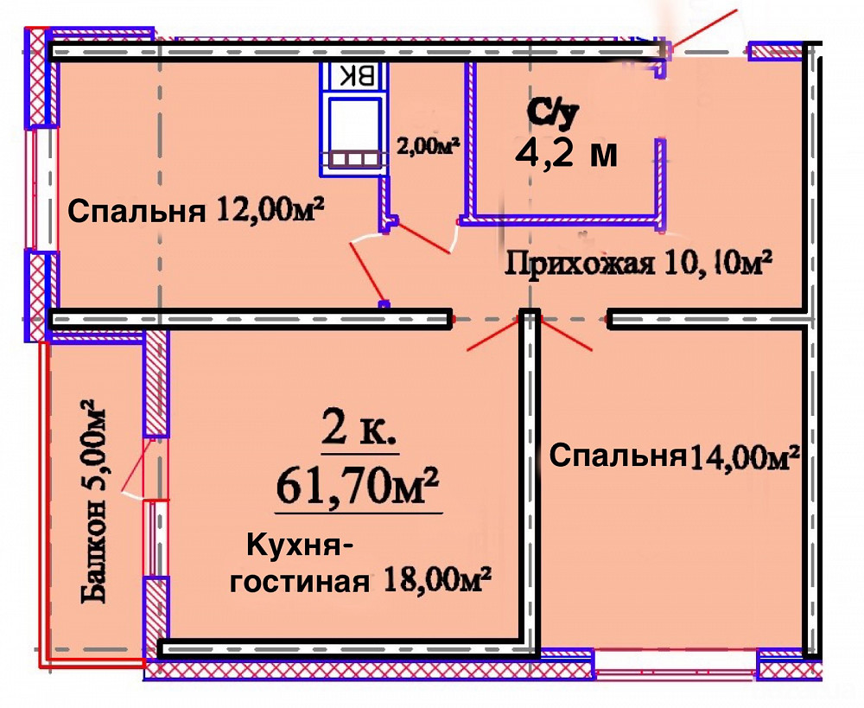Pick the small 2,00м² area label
click(x=426, y=147)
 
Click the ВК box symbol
click(x=355, y=76)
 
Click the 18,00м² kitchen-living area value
click(x=435, y=581)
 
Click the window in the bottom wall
click(x=676, y=663)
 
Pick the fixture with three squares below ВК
click(x=354, y=159)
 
